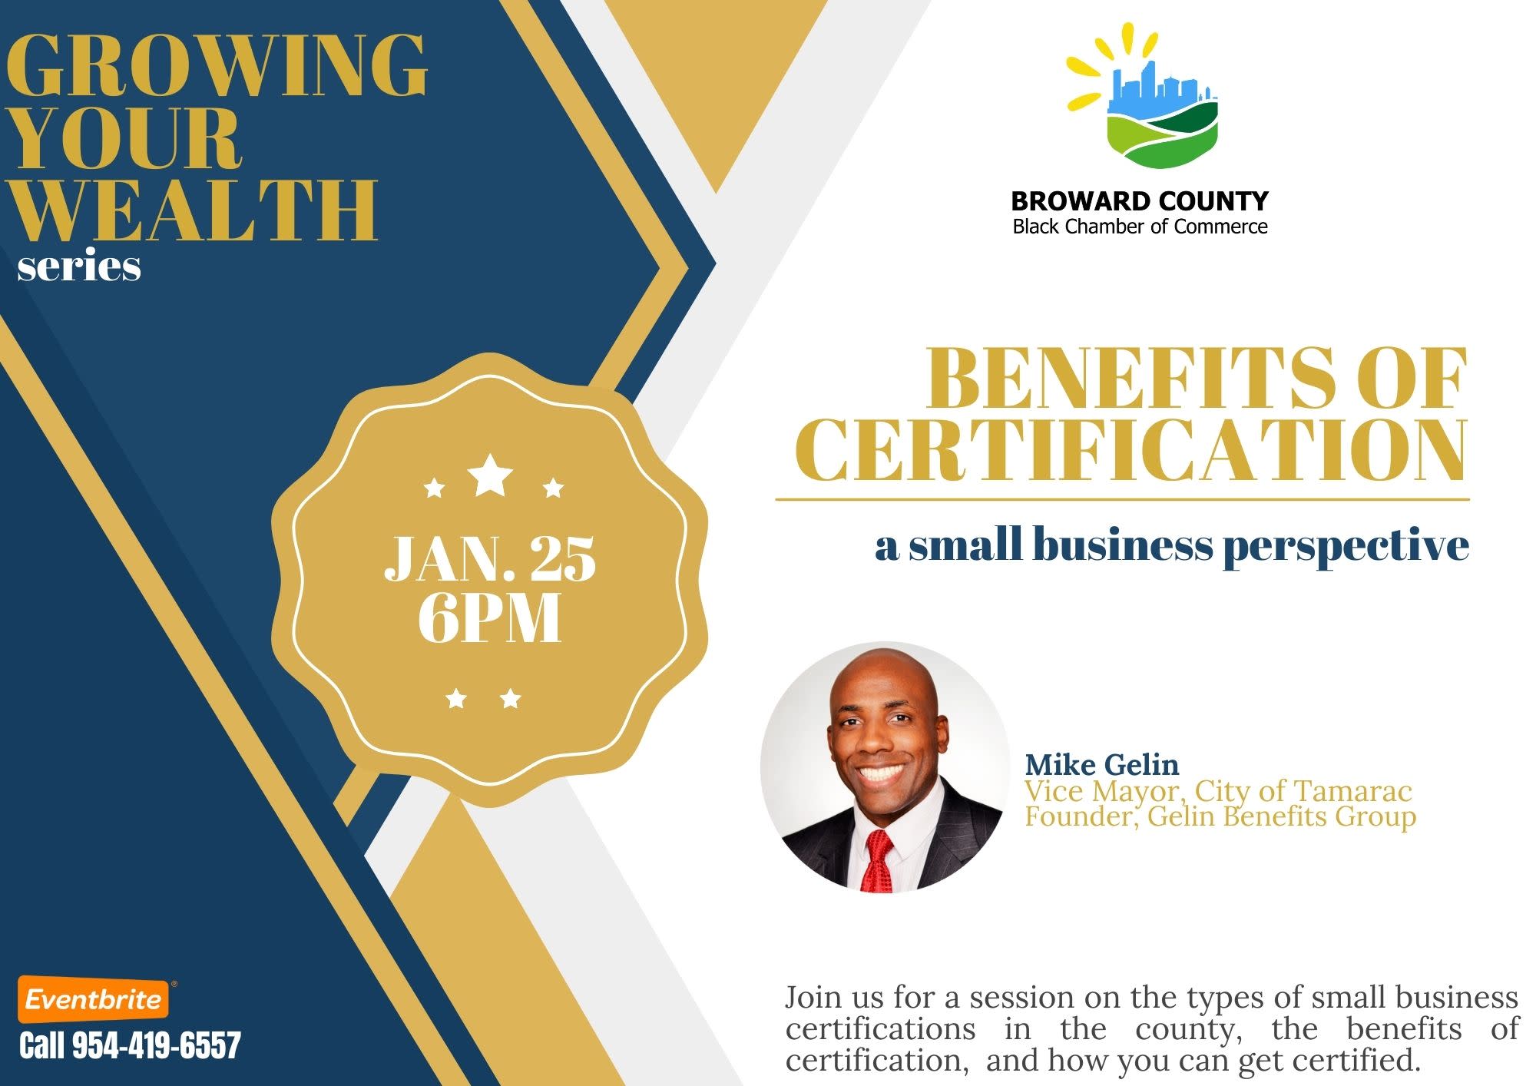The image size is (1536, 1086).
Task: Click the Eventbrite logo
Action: pos(94,999)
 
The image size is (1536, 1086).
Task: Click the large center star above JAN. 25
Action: pos(490,475)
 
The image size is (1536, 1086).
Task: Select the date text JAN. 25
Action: pos(490,558)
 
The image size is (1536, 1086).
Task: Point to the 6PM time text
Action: pos(490,618)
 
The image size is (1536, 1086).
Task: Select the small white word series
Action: pos(79,267)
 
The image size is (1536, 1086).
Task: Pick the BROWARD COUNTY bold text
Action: pos(1140,201)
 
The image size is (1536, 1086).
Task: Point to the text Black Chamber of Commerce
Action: pos(1140,227)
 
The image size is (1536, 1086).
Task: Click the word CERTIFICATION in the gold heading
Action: pos(1130,450)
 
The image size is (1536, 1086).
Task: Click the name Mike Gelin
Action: pos(1102,764)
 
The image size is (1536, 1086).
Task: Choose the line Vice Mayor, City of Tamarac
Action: pos(1219,790)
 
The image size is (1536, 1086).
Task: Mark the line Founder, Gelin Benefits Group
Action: pos(1220,816)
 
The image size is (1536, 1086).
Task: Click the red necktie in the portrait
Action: pos(879,860)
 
